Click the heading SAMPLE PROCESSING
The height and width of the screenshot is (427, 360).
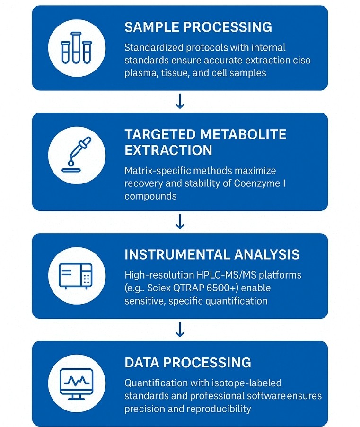tap(198, 27)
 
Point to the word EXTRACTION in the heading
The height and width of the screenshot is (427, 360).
tap(168, 150)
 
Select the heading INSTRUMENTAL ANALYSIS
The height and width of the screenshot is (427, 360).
tap(212, 254)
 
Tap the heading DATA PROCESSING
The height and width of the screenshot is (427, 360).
tap(188, 363)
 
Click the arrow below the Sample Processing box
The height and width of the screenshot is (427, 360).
tap(180, 101)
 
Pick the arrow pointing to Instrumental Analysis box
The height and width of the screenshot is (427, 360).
tap(180, 221)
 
